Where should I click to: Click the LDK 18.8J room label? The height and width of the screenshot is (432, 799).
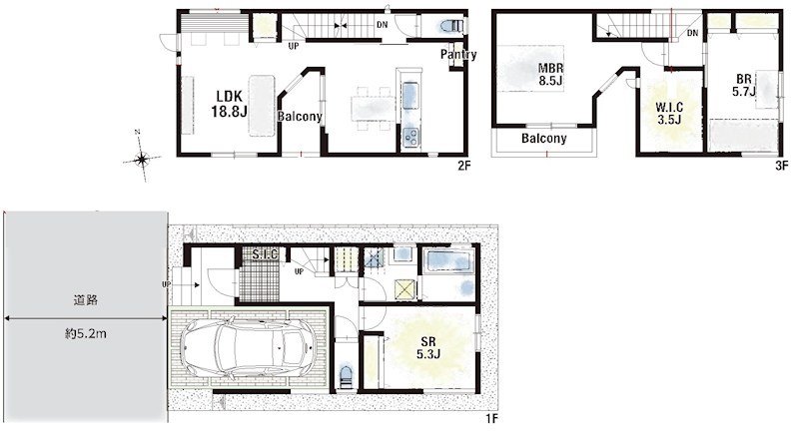tap(229, 104)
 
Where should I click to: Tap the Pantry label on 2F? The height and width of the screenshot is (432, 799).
tap(458, 55)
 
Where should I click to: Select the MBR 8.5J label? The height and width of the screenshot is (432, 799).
tap(551, 74)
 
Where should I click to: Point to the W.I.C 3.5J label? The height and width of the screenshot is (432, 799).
tap(669, 113)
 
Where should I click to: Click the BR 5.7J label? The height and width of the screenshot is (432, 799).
tap(744, 85)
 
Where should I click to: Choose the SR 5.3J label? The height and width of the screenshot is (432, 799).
tap(428, 348)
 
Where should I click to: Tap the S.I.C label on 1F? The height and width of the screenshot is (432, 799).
tap(265, 254)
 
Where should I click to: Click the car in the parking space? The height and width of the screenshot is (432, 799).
tap(249, 348)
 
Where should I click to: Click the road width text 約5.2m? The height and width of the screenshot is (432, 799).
tap(86, 334)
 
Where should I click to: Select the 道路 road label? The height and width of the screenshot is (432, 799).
tap(86, 299)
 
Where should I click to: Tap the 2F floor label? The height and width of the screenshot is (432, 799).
tap(462, 166)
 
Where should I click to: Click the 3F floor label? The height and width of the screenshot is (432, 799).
tap(781, 166)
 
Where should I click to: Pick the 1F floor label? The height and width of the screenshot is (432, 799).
tap(490, 419)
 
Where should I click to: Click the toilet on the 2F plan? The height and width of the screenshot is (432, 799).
tap(451, 26)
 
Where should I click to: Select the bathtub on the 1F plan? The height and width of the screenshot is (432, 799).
tap(449, 261)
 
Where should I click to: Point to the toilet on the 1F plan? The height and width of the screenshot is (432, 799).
tap(346, 375)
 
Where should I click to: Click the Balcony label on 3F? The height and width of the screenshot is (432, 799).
tap(543, 138)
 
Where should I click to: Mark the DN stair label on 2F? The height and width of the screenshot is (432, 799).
tap(382, 24)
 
